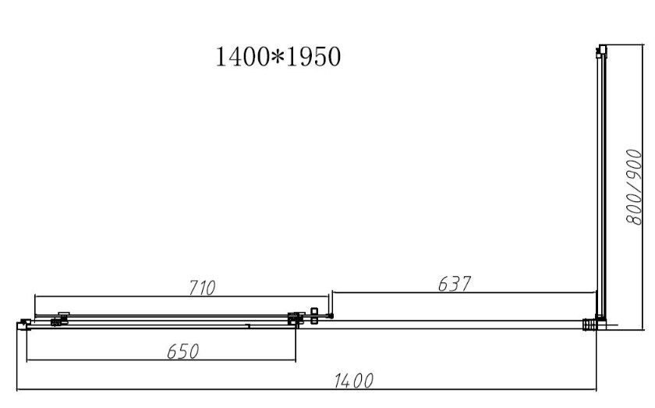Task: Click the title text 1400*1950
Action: (x=278, y=57)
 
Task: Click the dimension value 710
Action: (x=202, y=288)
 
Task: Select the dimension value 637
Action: (x=455, y=284)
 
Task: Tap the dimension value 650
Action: (x=183, y=352)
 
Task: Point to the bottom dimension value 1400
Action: (x=353, y=381)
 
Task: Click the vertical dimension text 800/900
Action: (x=634, y=187)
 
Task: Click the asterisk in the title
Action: (x=278, y=57)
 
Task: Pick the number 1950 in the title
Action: (x=313, y=57)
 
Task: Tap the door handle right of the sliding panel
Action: (x=314, y=316)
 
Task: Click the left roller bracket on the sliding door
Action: (x=60, y=319)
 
